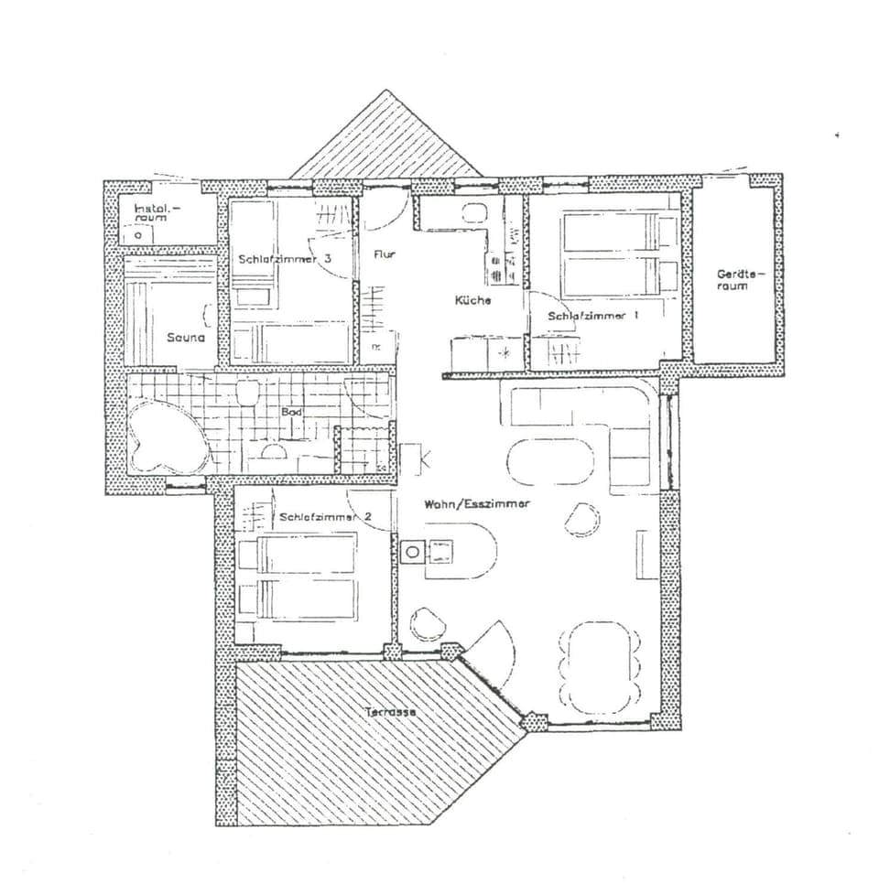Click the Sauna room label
(x=185, y=337)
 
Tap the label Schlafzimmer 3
(x=284, y=260)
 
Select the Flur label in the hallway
(x=385, y=254)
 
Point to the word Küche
(x=472, y=300)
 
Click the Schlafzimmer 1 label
(x=592, y=316)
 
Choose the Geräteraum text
(x=733, y=279)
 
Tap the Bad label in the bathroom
(x=292, y=413)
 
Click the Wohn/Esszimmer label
(x=476, y=504)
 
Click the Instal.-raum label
(x=157, y=213)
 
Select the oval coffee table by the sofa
(x=549, y=461)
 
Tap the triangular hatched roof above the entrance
(x=386, y=143)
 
